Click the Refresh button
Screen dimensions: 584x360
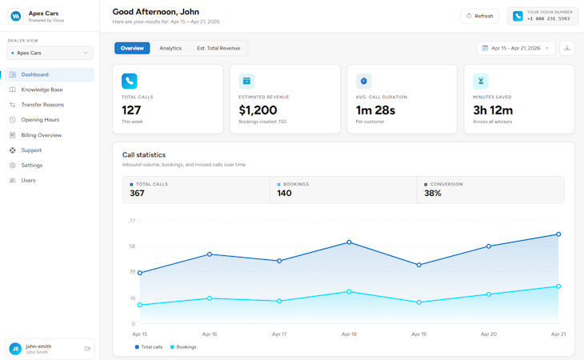click(x=479, y=16)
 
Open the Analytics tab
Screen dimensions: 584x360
click(x=170, y=48)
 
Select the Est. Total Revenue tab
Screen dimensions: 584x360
click(x=218, y=48)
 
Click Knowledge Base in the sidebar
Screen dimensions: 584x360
click(x=42, y=90)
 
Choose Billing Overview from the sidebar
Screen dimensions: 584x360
click(x=41, y=135)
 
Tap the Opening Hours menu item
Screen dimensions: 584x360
click(x=40, y=120)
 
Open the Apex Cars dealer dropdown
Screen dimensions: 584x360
click(x=50, y=53)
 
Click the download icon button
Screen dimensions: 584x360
click(x=567, y=48)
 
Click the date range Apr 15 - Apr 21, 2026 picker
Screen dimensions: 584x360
click(x=515, y=48)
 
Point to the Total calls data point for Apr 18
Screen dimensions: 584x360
click(x=349, y=242)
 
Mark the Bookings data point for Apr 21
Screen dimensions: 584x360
click(x=558, y=286)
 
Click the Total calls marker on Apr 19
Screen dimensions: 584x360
click(x=419, y=265)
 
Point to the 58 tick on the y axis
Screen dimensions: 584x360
click(x=132, y=246)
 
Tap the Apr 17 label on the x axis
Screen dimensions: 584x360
click(x=279, y=334)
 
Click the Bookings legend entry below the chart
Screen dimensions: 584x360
click(x=183, y=347)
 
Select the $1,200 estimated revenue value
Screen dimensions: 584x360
click(x=258, y=110)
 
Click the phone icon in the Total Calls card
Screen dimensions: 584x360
click(x=130, y=81)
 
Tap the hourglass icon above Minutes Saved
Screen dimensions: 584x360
click(x=481, y=81)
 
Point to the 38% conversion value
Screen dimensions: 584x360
click(x=433, y=194)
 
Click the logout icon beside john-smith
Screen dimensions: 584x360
click(x=87, y=349)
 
